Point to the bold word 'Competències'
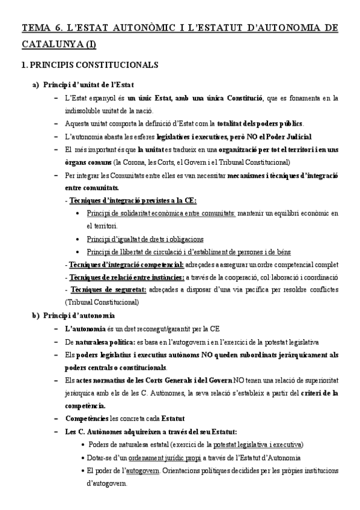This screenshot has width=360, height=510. tap(84, 419)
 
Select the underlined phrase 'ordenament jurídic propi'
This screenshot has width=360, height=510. tap(160, 458)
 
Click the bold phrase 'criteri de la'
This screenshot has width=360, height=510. tap(314, 393)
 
